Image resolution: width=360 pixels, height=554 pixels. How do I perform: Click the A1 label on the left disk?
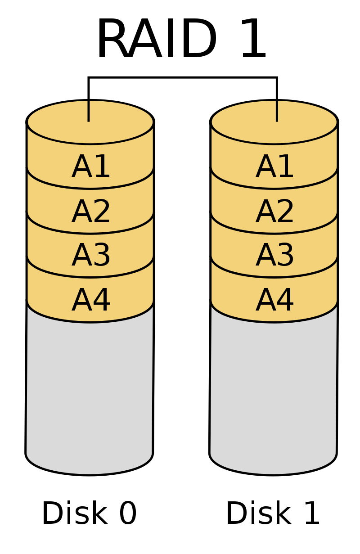91,167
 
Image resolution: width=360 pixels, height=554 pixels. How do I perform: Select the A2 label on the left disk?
91,212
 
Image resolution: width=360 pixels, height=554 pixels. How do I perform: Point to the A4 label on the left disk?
91,300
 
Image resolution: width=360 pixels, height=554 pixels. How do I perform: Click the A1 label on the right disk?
274,167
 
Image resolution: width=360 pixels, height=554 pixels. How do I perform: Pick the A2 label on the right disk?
274,212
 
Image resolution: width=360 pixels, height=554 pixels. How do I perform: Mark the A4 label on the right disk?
274,300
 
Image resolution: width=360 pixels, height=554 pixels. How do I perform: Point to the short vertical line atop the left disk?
89,111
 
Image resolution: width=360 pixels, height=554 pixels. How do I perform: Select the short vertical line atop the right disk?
277,111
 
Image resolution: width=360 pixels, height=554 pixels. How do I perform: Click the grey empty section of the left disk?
90,387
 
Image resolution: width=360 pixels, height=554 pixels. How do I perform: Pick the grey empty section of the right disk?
273,387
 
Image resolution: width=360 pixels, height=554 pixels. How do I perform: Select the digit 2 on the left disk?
102,212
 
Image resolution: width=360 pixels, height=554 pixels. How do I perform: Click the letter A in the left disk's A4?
81,300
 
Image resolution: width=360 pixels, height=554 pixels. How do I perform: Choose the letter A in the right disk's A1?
265,167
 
